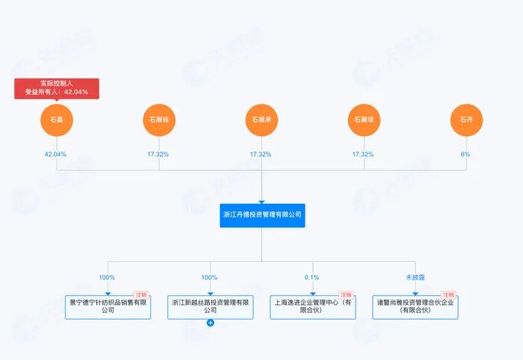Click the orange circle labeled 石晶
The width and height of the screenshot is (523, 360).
pyautogui.click(x=57, y=120)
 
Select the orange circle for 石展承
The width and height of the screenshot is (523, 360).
pyautogui.click(x=261, y=120)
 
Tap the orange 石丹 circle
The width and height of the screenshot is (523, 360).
pyautogui.click(x=466, y=120)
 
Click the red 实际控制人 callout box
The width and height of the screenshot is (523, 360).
pyautogui.click(x=57, y=88)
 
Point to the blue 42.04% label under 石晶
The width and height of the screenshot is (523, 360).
pyautogui.click(x=55, y=155)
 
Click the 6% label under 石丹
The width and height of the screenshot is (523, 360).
pyautogui.click(x=465, y=155)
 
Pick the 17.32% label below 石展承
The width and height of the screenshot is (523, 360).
pyautogui.click(x=261, y=155)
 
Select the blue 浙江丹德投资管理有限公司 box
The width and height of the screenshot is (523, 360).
pyautogui.click(x=262, y=215)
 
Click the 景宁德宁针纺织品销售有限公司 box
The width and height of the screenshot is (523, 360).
pyautogui.click(x=108, y=307)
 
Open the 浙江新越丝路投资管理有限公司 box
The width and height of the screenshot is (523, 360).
pyautogui.click(x=210, y=307)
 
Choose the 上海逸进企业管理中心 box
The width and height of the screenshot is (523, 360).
pyautogui.click(x=312, y=307)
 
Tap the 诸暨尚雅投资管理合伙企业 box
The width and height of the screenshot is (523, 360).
pyautogui.click(x=415, y=307)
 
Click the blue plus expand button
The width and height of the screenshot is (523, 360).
pyautogui.click(x=210, y=323)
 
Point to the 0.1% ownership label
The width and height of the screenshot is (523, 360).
pyautogui.click(x=312, y=277)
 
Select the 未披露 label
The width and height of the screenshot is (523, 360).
pyautogui.click(x=415, y=277)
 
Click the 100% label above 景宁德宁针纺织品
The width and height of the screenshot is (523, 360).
pyautogui.click(x=107, y=277)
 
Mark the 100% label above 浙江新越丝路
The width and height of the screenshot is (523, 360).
pyautogui.click(x=209, y=277)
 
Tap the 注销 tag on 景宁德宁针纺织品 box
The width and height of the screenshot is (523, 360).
pyautogui.click(x=141, y=295)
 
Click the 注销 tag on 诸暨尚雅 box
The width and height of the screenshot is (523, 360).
pyautogui.click(x=448, y=295)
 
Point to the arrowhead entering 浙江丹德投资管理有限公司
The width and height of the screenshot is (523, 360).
pyautogui.click(x=261, y=202)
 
